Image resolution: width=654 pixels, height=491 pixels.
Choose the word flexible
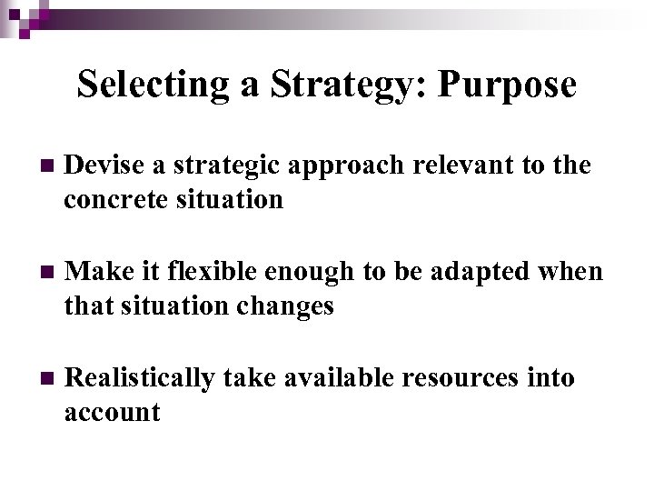[216, 272]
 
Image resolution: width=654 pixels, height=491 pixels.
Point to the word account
[112, 412]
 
